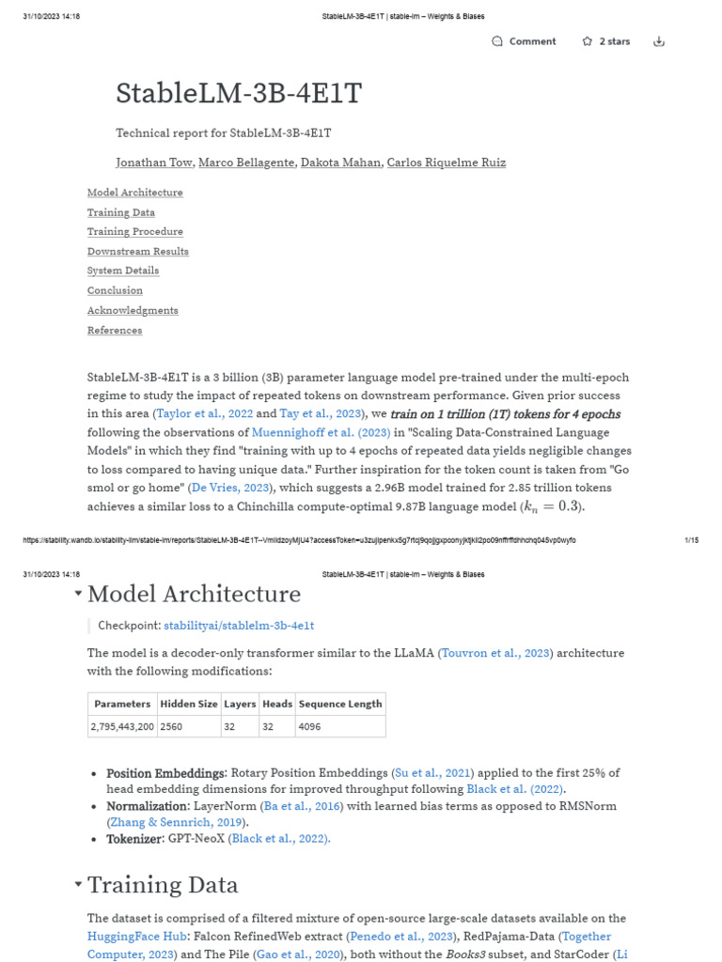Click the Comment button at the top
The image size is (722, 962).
pos(524,41)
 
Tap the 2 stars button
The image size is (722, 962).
pos(605,41)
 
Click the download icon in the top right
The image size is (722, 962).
pos(659,41)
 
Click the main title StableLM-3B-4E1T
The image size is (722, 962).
pos(239,94)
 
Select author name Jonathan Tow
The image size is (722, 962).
pos(155,163)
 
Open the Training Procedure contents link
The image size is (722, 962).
pos(135,232)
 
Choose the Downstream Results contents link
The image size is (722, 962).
pos(138,252)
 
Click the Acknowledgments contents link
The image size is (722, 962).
pos(133,310)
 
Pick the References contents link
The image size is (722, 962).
pos(115,330)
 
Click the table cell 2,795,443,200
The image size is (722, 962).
pos(122,726)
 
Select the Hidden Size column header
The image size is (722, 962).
pos(188,704)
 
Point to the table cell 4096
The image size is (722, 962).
pos(309,726)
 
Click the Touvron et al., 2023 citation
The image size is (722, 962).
pos(495,653)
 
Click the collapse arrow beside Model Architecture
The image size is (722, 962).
pos(77,594)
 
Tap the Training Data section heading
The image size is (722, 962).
pos(163,885)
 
